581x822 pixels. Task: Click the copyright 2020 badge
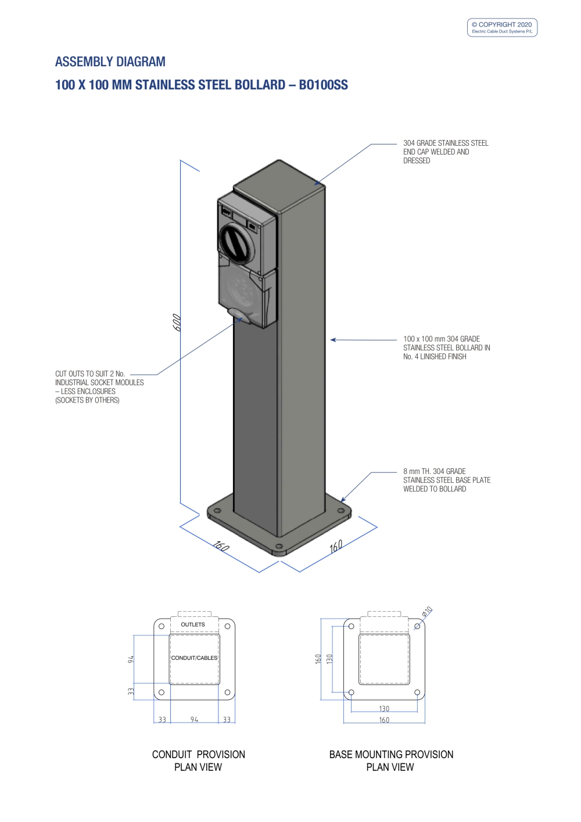pyautogui.click(x=502, y=27)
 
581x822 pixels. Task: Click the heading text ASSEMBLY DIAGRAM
pyautogui.click(x=110, y=62)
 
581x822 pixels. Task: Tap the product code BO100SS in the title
pyautogui.click(x=324, y=85)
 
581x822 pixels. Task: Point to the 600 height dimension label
pyautogui.click(x=177, y=322)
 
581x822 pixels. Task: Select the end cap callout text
pyautogui.click(x=446, y=152)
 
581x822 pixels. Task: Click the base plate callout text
pyautogui.click(x=447, y=480)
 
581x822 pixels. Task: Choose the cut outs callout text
pyautogui.click(x=99, y=387)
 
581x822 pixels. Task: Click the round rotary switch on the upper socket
pyautogui.click(x=237, y=243)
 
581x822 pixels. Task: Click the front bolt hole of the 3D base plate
pyautogui.click(x=279, y=546)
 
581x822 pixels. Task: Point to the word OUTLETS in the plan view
pyautogui.click(x=193, y=624)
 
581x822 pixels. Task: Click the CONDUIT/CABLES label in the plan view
pyautogui.click(x=194, y=658)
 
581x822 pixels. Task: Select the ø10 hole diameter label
pyautogui.click(x=427, y=611)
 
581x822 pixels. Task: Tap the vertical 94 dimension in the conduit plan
pyautogui.click(x=131, y=659)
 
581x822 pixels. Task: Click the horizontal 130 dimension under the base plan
pyautogui.click(x=384, y=708)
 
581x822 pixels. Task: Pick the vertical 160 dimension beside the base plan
pyautogui.click(x=318, y=659)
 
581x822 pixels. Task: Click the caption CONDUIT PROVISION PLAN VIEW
pyautogui.click(x=198, y=760)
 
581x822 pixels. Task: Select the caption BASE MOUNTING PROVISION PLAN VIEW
pyautogui.click(x=391, y=760)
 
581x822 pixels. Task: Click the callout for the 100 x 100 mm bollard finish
pyautogui.click(x=446, y=347)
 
